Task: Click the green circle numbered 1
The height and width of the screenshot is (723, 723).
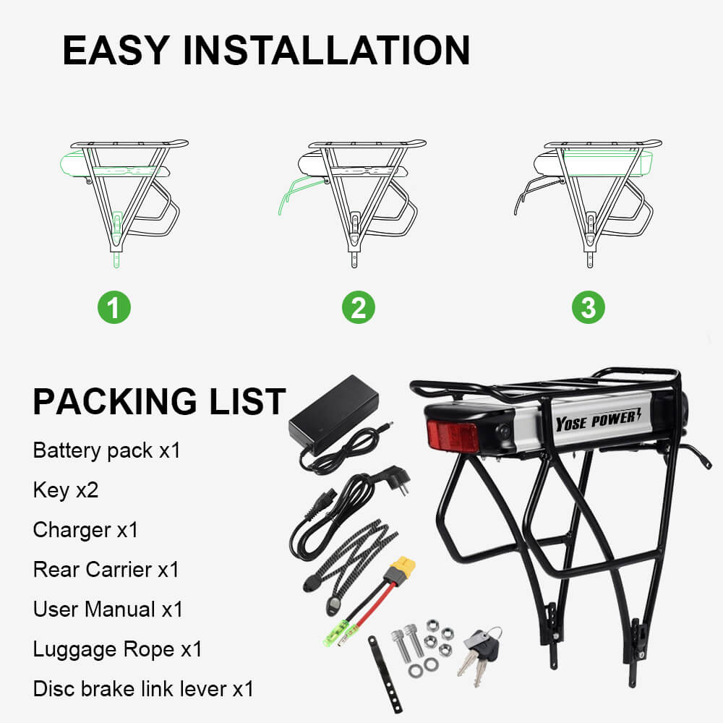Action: (114, 309)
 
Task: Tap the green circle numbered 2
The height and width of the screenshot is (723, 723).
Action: (359, 309)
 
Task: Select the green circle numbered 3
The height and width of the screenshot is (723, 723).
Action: (589, 309)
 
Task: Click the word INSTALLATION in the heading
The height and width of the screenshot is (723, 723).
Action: (327, 51)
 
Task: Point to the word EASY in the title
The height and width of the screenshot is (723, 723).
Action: (115, 51)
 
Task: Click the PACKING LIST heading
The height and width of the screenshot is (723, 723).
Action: (159, 402)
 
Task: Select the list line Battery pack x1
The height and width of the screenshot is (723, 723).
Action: (106, 450)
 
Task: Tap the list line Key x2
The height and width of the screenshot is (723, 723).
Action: (66, 490)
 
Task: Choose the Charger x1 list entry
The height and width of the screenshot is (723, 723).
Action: (85, 530)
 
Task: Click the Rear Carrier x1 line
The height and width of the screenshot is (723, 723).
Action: (106, 570)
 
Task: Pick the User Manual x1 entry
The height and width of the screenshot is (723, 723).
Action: (108, 609)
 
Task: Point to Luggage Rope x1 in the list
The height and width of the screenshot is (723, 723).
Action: (117, 649)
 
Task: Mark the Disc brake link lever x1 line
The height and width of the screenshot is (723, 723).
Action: (143, 689)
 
